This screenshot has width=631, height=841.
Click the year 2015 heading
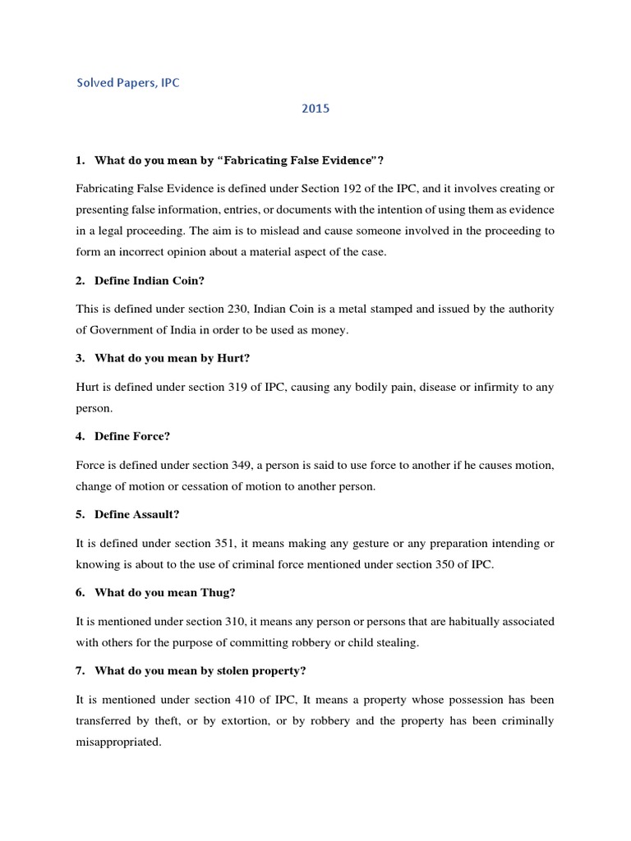[x=315, y=108]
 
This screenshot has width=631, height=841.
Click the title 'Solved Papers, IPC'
[x=127, y=84]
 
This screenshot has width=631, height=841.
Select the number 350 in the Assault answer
[x=447, y=565]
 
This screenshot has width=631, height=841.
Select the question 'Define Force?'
[x=132, y=437]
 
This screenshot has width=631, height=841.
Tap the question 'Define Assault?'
[x=137, y=515]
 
